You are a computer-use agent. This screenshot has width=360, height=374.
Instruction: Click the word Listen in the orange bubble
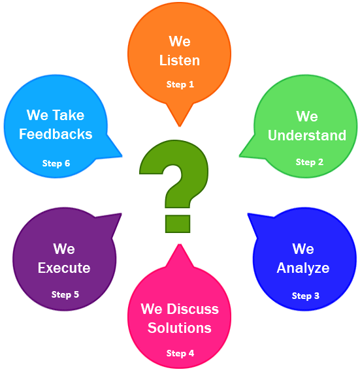point(180,60)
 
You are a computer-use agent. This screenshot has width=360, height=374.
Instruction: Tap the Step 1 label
point(180,84)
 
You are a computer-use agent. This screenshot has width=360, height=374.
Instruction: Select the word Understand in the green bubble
point(307,135)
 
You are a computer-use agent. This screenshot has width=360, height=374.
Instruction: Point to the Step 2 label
point(310,162)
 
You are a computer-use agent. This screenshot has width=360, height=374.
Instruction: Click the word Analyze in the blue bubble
point(303,268)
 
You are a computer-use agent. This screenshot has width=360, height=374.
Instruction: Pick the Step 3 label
point(306,296)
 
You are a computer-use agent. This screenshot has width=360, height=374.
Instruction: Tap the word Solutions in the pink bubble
point(180,328)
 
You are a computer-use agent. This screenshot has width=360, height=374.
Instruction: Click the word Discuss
point(192,309)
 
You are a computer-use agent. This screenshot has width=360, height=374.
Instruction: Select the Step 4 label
point(180,354)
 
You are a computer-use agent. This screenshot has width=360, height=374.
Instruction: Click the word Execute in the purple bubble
point(64,268)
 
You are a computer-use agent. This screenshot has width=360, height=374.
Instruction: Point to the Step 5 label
point(65,295)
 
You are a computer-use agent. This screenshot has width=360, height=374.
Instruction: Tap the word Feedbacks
point(56,134)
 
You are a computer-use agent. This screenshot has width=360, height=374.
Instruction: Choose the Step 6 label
point(56,164)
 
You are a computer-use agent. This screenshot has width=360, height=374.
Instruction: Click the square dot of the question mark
point(178,224)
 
